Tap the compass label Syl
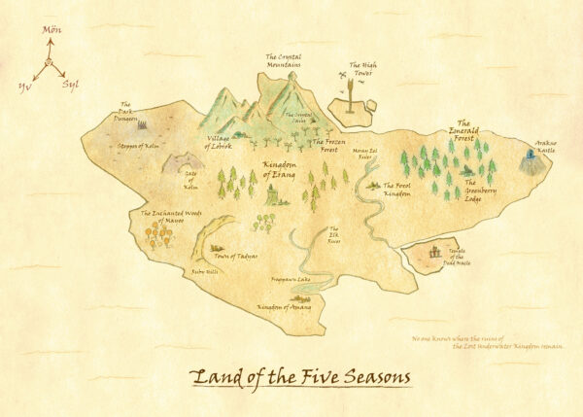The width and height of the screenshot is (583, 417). pyautogui.click(x=70, y=86)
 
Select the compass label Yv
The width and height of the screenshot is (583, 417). pyautogui.click(x=24, y=86)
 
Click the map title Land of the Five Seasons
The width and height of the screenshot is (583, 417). pyautogui.click(x=300, y=375)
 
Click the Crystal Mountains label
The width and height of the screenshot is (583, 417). pyautogui.click(x=283, y=61)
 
